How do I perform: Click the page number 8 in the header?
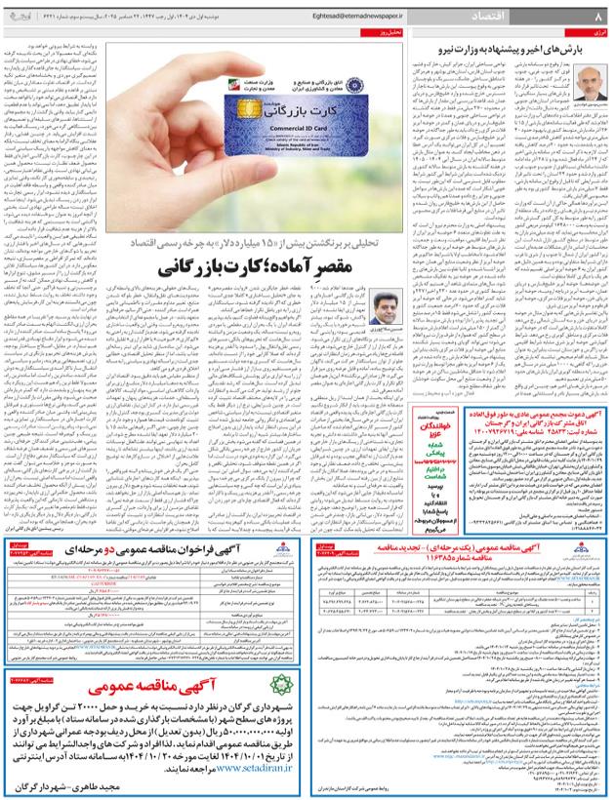click(x=596, y=16)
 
